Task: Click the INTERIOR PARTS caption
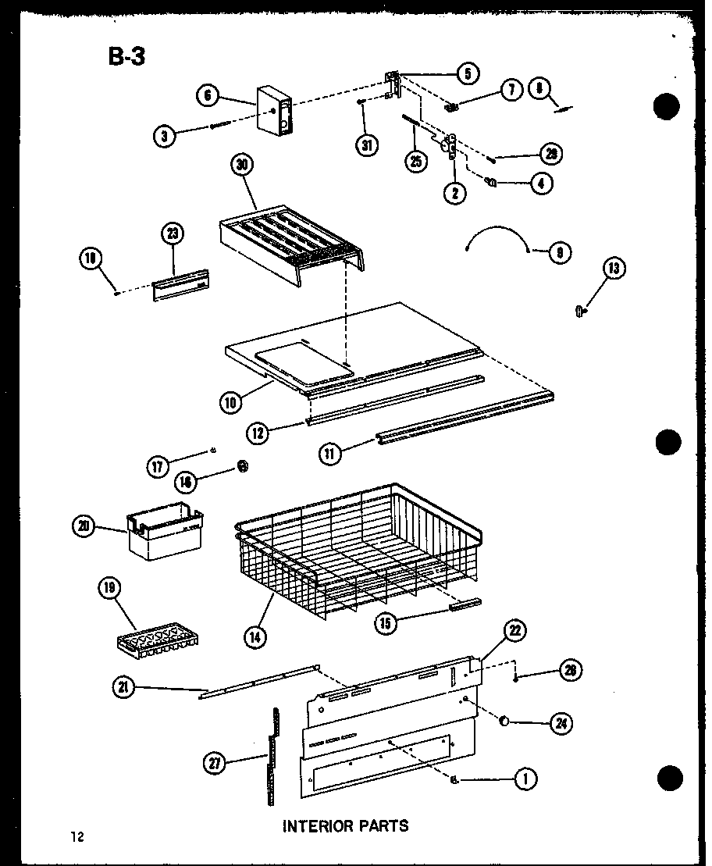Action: point(345,825)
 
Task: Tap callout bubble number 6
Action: point(208,96)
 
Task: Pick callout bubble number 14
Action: point(255,636)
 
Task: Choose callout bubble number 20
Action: point(83,527)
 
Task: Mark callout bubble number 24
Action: point(559,723)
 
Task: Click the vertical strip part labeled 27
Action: point(272,756)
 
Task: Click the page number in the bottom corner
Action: point(76,837)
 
